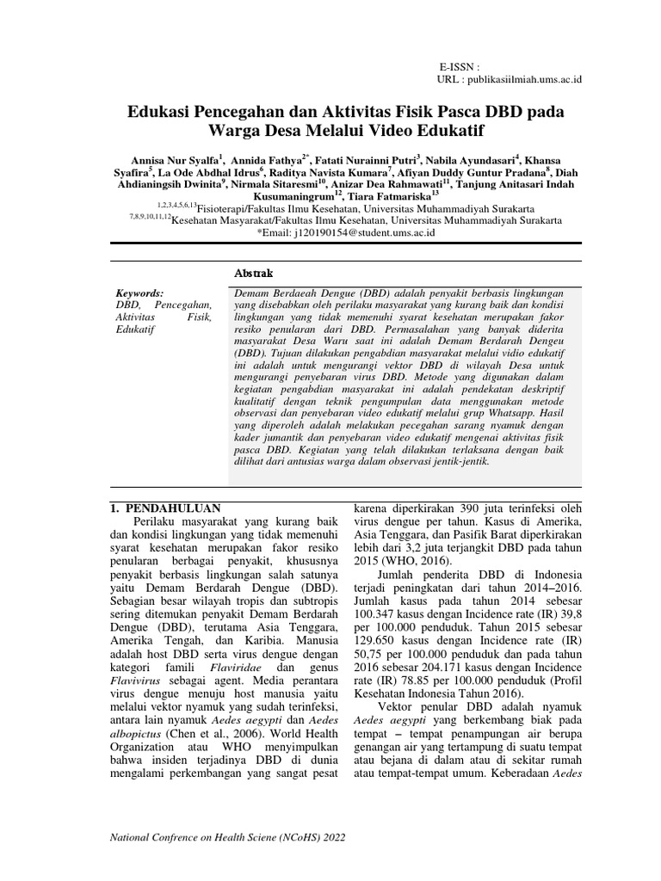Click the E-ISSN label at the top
pos(458,65)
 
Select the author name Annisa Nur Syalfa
pos(174,160)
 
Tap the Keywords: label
pos(139,293)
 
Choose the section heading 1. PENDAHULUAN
pos(167,508)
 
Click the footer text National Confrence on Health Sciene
pos(198,837)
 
